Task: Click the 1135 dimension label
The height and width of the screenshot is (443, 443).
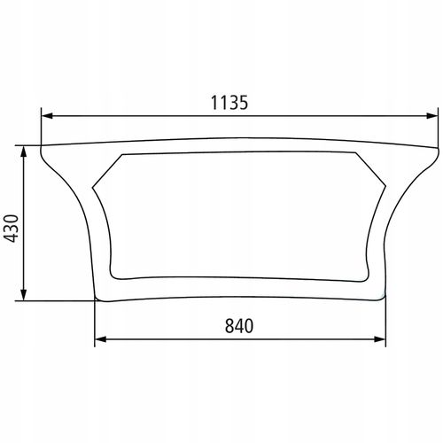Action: coord(229,103)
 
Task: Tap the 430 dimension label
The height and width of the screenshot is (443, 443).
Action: coord(12,229)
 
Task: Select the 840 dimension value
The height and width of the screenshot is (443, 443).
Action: coord(239,326)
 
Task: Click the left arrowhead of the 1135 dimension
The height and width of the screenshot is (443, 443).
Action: coord(47,116)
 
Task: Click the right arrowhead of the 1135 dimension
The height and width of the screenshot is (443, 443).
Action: coord(431,116)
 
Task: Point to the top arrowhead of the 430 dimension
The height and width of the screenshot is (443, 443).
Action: coord(24,152)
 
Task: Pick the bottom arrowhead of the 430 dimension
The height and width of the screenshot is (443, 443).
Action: coord(24,295)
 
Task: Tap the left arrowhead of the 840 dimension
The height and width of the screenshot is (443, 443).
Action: coord(100,339)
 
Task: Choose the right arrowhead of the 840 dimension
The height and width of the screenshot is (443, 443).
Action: coord(380,339)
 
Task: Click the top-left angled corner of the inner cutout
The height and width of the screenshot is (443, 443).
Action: coord(122,155)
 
